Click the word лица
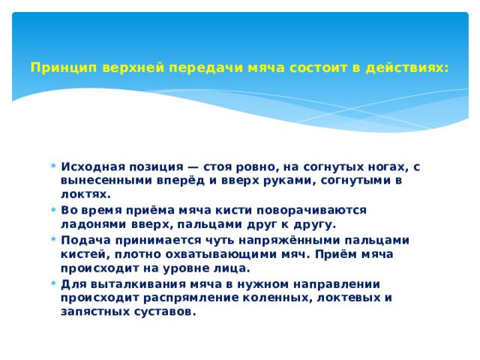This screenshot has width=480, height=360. (232, 267)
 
